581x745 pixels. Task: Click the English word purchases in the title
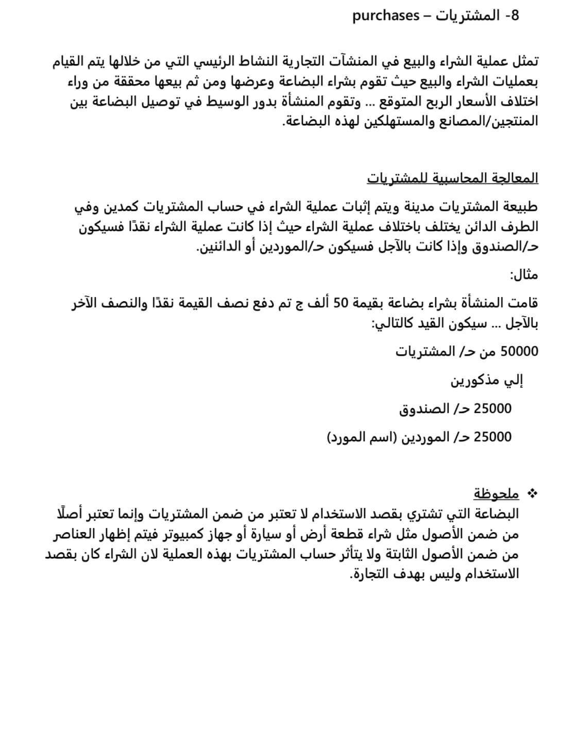coord(386,16)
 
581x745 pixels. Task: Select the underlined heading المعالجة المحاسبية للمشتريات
coord(452,178)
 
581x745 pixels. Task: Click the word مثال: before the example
coord(524,275)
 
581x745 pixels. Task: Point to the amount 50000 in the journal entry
coord(519,352)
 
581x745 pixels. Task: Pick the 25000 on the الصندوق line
coord(492,409)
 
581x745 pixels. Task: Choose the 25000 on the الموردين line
coord(492,437)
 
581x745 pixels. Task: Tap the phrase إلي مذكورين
coord(487,381)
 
